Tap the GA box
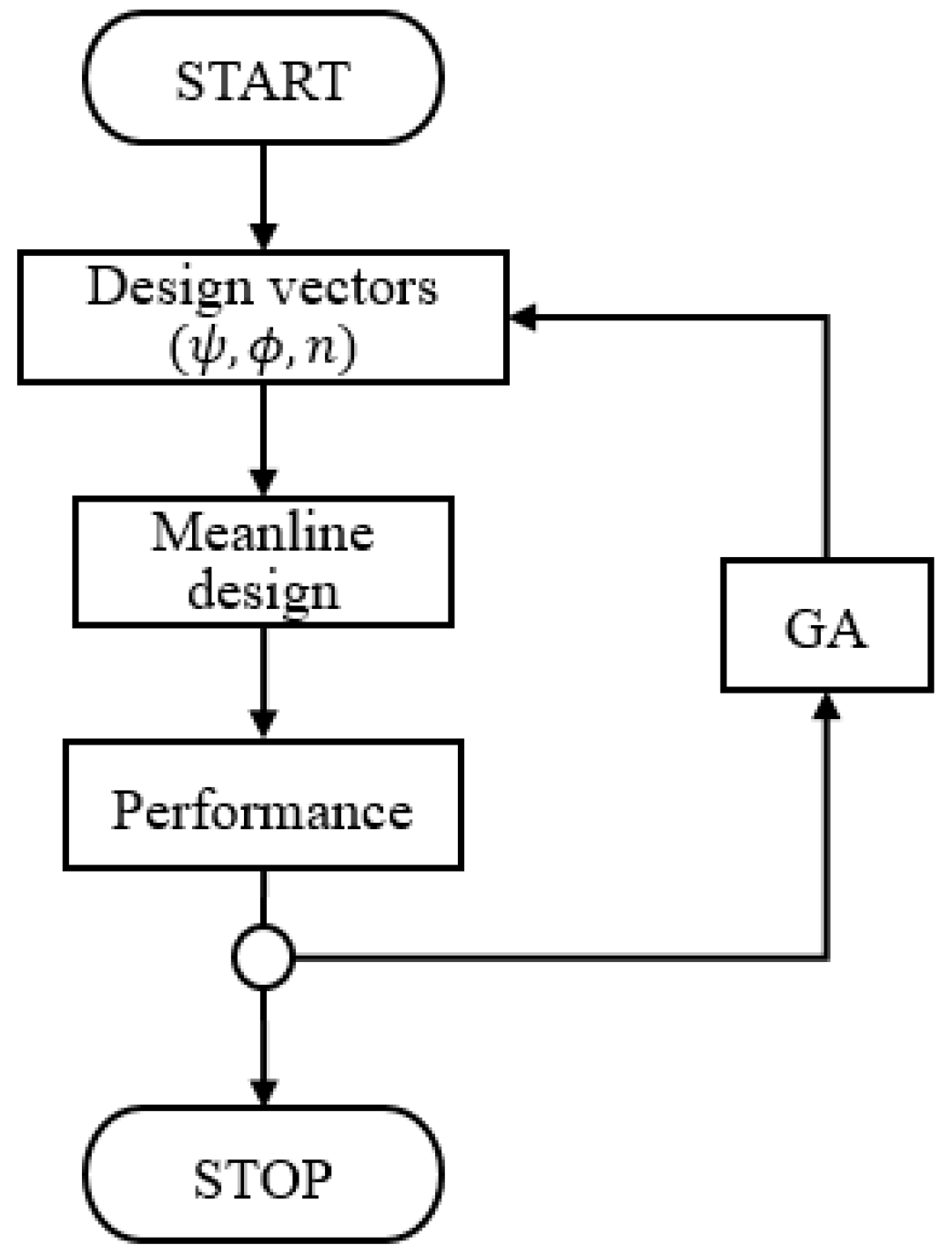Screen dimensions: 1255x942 [x=826, y=626]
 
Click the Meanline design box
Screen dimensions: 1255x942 [x=263, y=562]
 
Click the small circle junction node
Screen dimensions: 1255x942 [x=263, y=956]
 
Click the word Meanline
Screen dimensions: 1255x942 [x=263, y=532]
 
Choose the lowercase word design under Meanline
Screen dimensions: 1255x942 [x=263, y=591]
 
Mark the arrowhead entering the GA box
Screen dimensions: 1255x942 [x=826, y=704]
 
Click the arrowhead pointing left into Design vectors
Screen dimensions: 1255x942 [x=523, y=318]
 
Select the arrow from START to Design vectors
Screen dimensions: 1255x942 [x=263, y=196]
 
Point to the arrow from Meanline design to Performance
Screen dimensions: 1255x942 [x=263, y=683]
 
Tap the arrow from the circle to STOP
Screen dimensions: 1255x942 [x=263, y=1047]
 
